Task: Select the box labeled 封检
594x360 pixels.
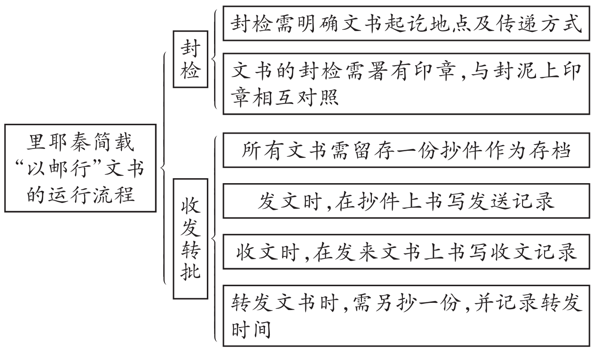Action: tap(190, 59)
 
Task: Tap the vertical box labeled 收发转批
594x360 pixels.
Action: tap(190, 238)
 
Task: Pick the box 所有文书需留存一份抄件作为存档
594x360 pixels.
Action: tap(406, 150)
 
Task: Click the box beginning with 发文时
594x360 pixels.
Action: tap(406, 201)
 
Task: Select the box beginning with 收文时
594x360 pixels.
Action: tap(406, 252)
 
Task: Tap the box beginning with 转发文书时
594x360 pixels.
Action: tap(406, 315)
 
